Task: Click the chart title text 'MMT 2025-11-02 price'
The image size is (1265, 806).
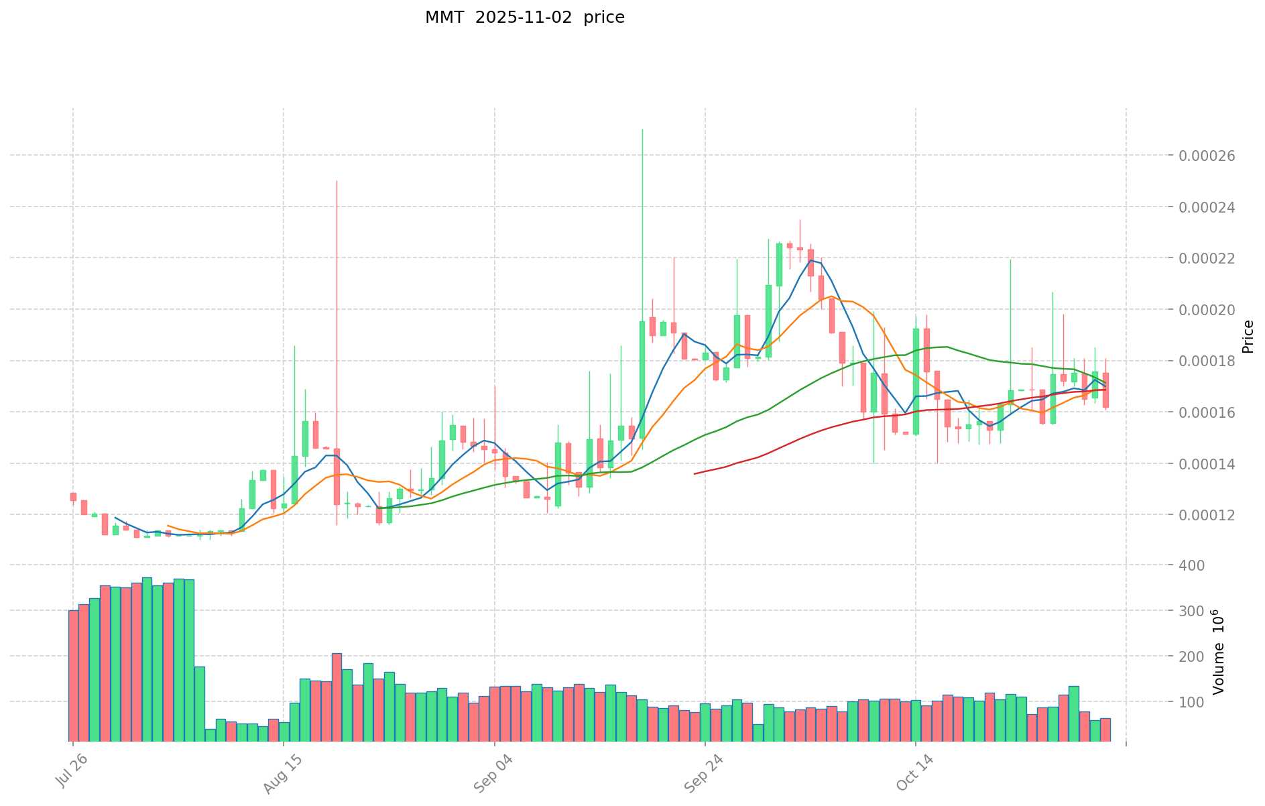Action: click(x=524, y=17)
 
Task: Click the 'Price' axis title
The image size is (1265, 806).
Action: click(x=1248, y=337)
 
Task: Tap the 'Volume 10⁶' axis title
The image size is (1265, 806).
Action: click(x=1218, y=652)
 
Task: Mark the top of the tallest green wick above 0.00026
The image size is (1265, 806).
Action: click(x=642, y=129)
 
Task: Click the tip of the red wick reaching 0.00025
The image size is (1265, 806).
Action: click(x=337, y=181)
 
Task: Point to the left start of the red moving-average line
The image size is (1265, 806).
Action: click(x=695, y=473)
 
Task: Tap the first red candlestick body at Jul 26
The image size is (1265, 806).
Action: click(x=73, y=497)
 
